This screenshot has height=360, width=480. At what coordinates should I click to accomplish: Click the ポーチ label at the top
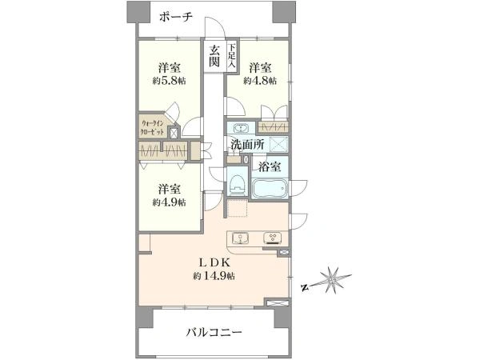(x=176, y=18)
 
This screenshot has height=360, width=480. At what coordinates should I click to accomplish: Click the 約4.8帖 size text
(x=262, y=81)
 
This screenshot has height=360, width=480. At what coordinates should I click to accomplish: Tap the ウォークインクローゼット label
(x=154, y=130)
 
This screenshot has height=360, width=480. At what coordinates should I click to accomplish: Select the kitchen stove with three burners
(x=272, y=238)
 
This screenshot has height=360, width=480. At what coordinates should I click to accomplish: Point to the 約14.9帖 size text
(x=213, y=276)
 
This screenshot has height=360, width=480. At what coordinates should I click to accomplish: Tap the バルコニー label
(x=214, y=331)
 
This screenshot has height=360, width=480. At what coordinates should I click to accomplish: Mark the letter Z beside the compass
(x=305, y=285)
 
